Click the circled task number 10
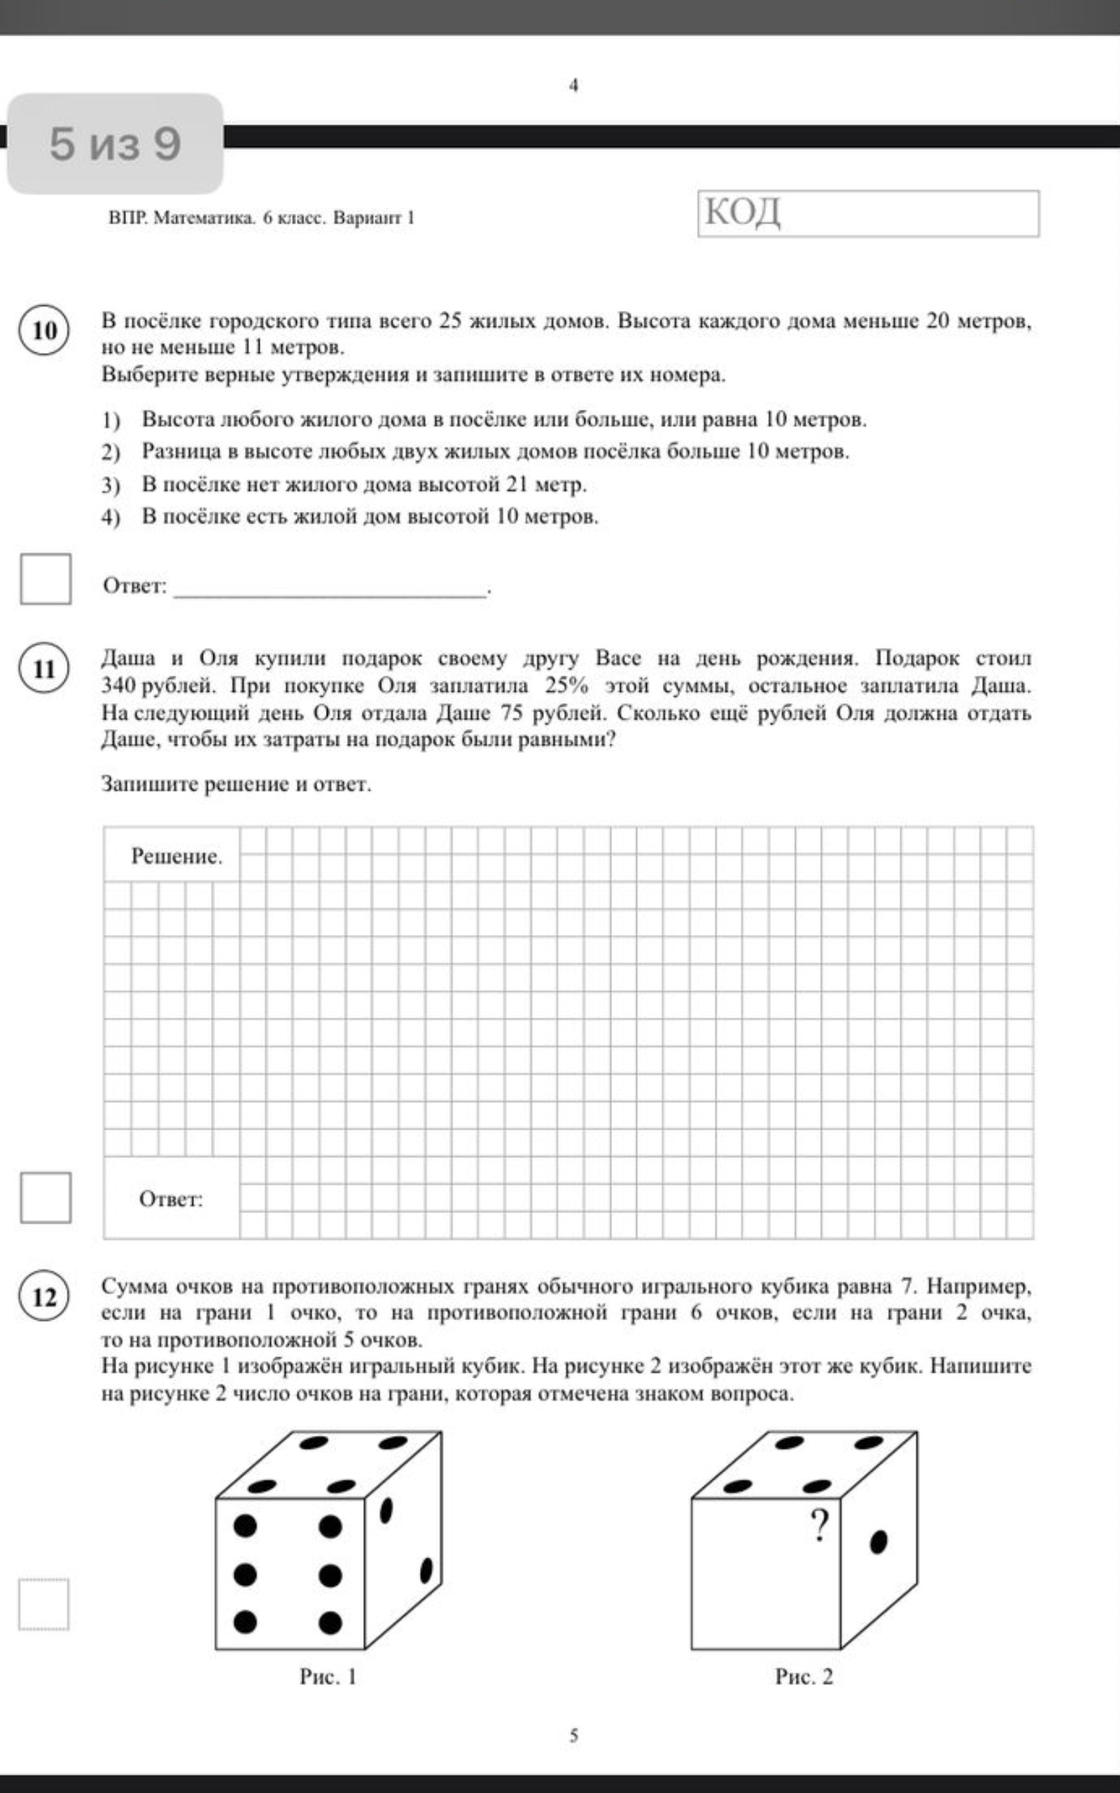[44, 331]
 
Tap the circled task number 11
[44, 668]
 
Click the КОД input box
[868, 214]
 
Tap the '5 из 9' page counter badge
[115, 144]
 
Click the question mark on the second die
[818, 1526]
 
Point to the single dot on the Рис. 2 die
[878, 1542]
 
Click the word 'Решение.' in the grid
[176, 857]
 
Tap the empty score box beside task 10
[46, 579]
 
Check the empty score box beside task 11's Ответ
[46, 1197]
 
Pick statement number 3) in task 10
[111, 485]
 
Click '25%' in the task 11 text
[567, 686]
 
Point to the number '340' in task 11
[117, 686]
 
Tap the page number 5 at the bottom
[574, 1735]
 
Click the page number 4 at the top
[574, 86]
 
